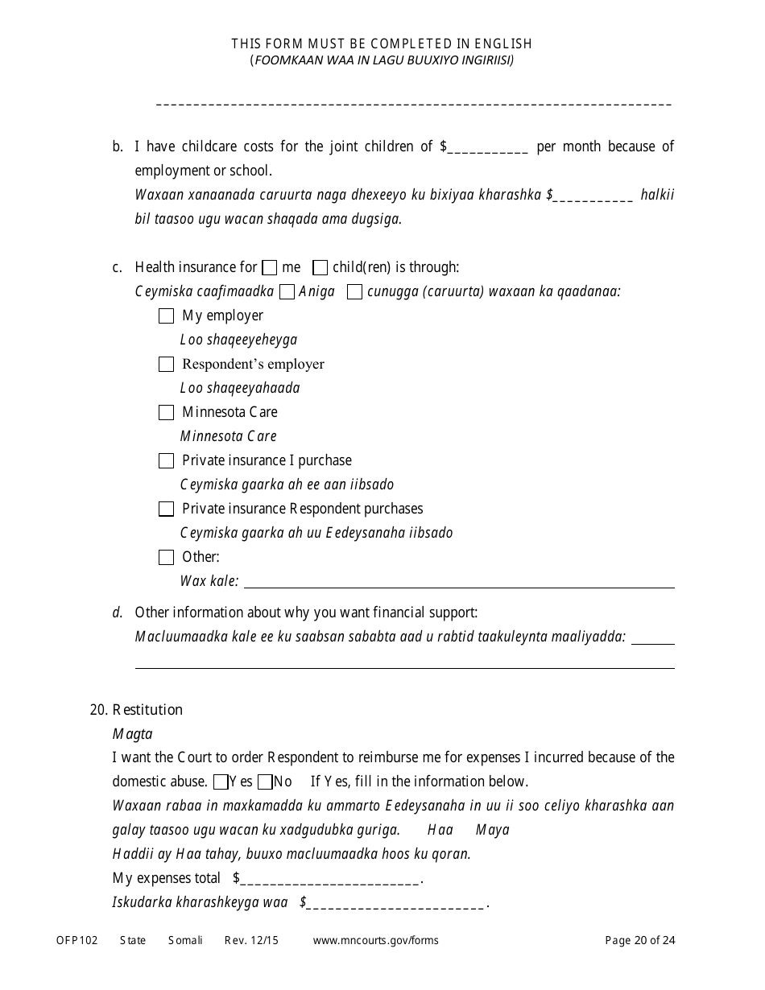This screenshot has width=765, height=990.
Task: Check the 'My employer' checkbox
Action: click(x=166, y=316)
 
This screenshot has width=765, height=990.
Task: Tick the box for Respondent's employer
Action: click(x=166, y=365)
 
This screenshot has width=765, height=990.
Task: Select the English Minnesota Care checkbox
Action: click(x=166, y=413)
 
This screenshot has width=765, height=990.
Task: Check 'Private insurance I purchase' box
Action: click(x=166, y=461)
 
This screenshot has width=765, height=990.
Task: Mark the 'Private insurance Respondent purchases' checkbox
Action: click(x=166, y=509)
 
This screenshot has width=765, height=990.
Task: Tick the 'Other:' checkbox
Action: click(x=166, y=557)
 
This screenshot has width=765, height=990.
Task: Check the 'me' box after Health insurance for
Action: click(x=271, y=267)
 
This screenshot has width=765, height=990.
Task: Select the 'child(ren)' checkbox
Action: click(x=320, y=267)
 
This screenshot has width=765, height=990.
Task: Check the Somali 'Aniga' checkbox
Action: click(x=287, y=292)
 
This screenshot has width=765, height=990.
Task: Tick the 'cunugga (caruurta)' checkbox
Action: click(x=354, y=292)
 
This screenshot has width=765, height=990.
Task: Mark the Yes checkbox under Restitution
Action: click(x=221, y=782)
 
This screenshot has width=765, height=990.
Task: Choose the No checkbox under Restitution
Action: click(x=265, y=782)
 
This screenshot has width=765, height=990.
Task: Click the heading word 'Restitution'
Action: click(x=147, y=710)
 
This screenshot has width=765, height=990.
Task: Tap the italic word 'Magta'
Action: click(x=132, y=734)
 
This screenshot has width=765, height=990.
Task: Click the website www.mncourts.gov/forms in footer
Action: click(x=375, y=940)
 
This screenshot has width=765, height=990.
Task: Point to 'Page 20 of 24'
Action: click(x=640, y=940)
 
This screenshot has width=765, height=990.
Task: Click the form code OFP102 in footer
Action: click(x=76, y=940)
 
